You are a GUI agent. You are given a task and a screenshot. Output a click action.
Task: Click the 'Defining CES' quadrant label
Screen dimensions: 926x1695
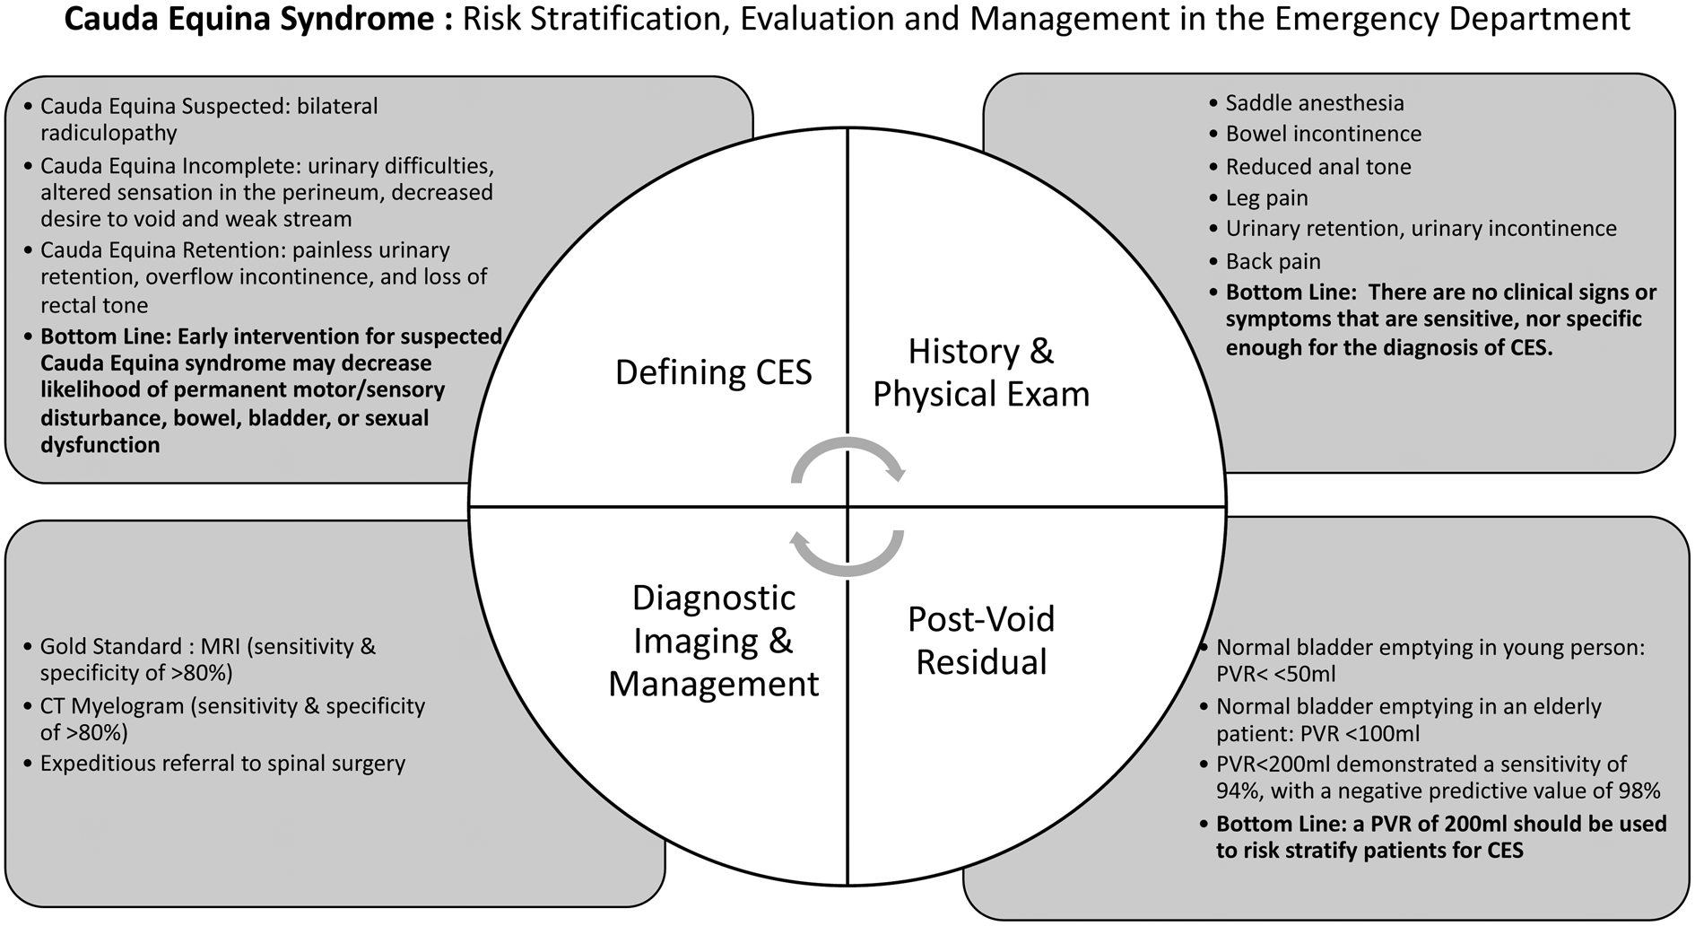click(x=713, y=372)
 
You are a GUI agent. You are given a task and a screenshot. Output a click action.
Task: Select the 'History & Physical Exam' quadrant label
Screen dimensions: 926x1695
click(x=981, y=372)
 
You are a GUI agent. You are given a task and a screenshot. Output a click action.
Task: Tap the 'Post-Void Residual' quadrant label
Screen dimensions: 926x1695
click(x=981, y=641)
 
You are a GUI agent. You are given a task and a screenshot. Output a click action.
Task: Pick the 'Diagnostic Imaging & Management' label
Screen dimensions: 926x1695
click(x=713, y=641)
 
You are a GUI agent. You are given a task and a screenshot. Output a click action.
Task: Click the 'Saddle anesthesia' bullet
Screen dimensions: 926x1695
click(x=1314, y=103)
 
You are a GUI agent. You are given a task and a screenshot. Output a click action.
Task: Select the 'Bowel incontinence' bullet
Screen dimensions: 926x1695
click(x=1323, y=135)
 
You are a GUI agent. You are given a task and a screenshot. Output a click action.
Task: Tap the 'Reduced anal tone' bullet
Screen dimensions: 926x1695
click(x=1317, y=167)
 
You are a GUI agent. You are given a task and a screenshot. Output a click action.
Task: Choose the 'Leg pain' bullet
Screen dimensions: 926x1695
click(x=1266, y=198)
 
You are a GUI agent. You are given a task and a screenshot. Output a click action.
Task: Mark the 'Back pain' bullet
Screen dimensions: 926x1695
click(x=1273, y=262)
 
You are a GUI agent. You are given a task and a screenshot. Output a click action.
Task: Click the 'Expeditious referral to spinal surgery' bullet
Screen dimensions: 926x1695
click(x=222, y=764)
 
